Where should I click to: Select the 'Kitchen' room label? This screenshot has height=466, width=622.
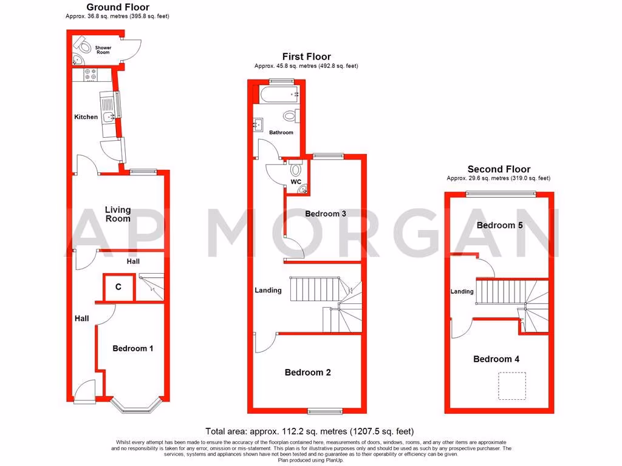tap(86, 116)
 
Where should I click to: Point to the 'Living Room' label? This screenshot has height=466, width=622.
tap(118, 214)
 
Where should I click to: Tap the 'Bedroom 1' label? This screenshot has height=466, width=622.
tap(133, 348)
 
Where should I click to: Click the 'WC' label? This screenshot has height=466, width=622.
tap(296, 181)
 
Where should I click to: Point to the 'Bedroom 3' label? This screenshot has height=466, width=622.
tap(326, 214)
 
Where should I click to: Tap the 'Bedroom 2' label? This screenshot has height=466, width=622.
tap(307, 372)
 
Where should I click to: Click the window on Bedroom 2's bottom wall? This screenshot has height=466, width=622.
tap(324, 411)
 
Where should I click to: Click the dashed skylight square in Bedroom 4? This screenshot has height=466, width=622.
tap(511, 386)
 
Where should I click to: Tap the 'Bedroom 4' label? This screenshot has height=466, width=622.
tap(496, 359)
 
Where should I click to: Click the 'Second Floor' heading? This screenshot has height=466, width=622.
tap(498, 169)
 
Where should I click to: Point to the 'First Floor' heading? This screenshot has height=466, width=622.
tap(306, 57)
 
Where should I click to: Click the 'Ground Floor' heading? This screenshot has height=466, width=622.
tap(117, 8)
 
